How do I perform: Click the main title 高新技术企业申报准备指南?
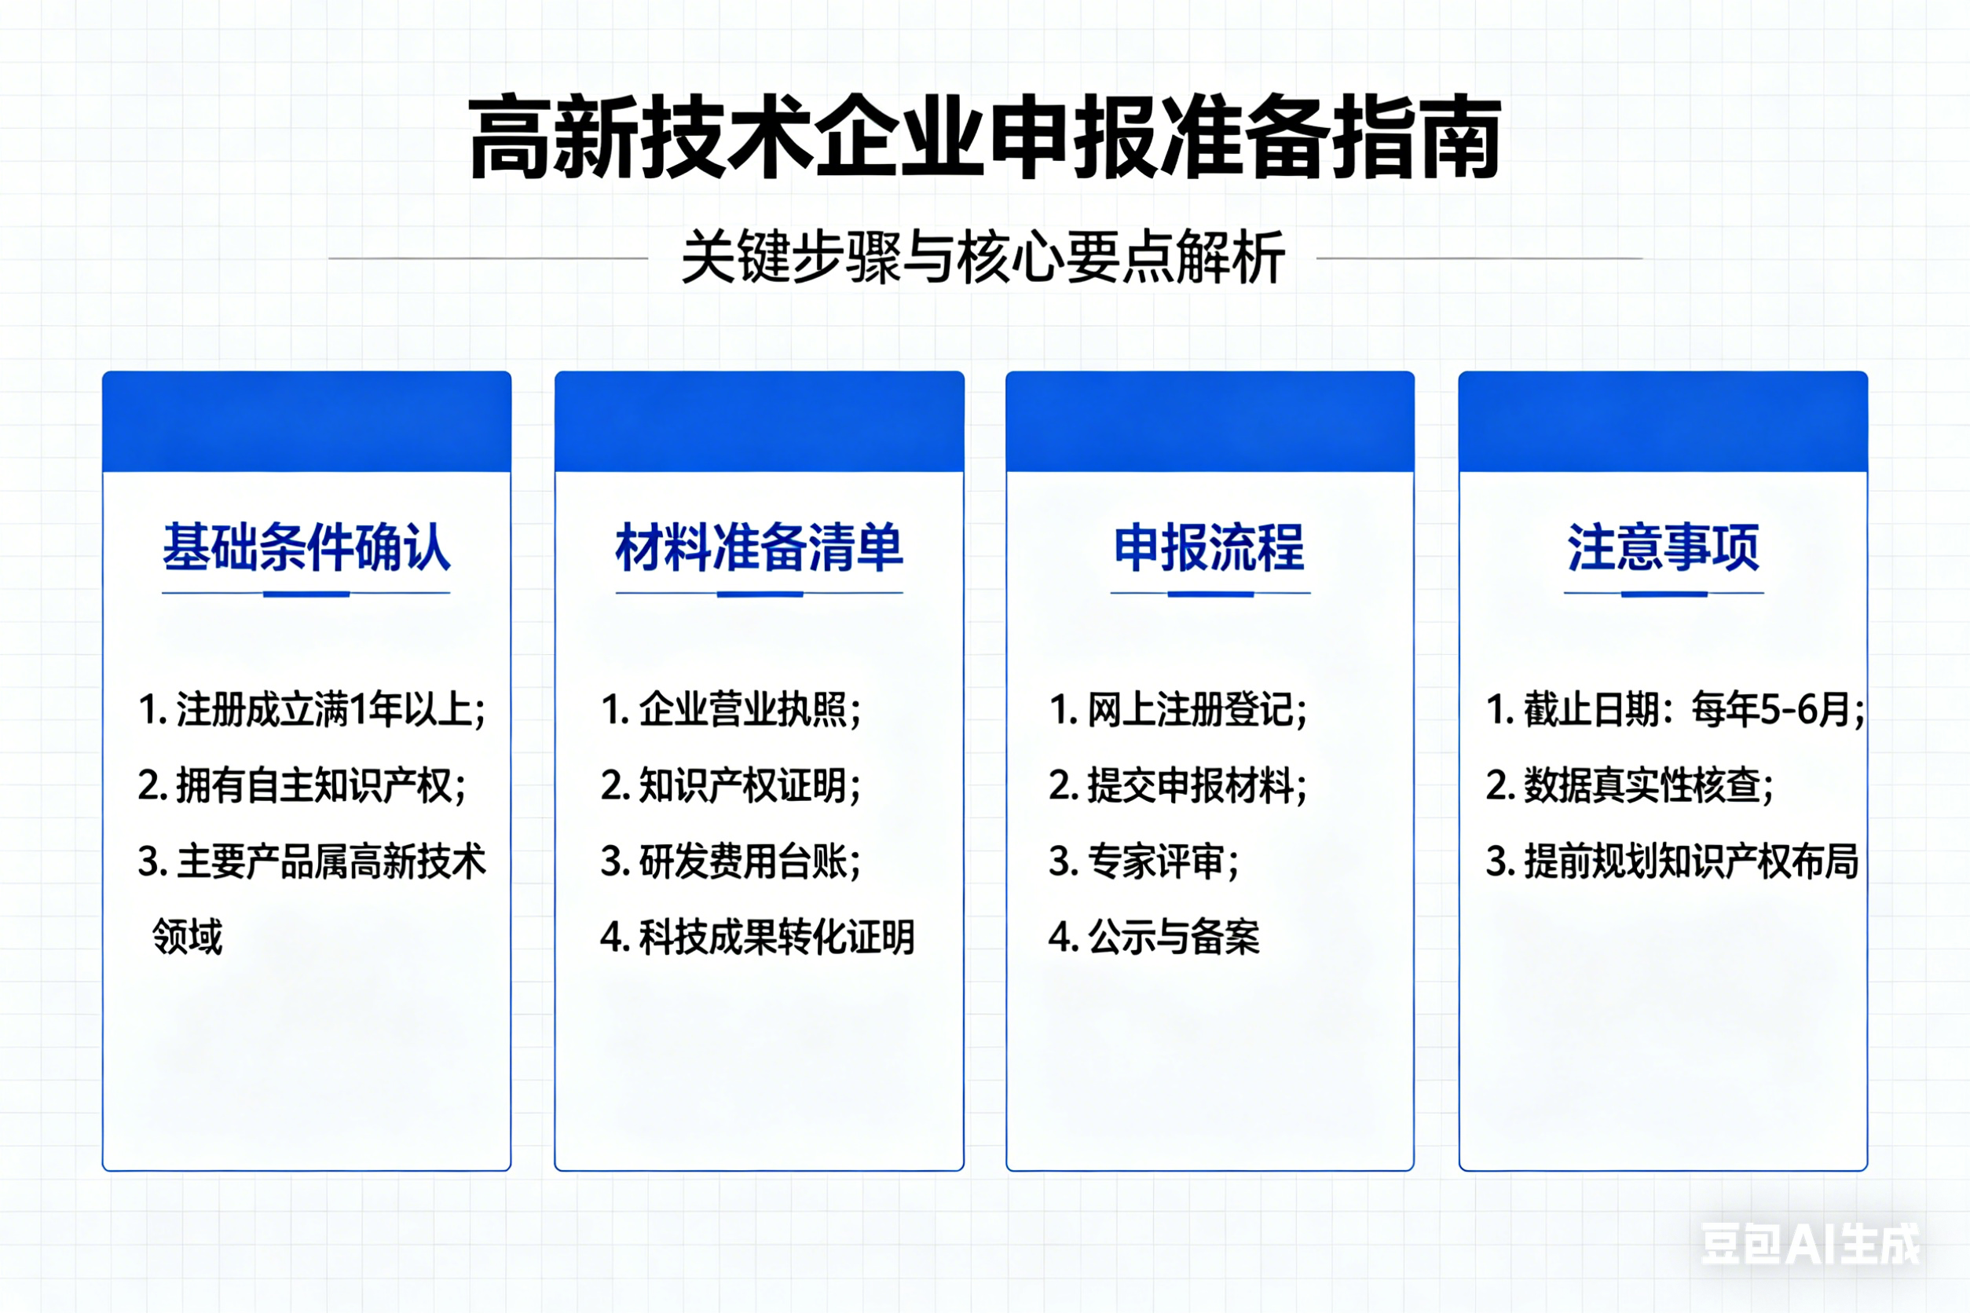(985, 137)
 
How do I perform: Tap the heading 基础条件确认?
(306, 547)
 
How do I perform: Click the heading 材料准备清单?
(760, 547)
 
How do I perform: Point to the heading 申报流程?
(1210, 547)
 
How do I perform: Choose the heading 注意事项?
(1664, 547)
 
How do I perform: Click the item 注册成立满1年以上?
(312, 710)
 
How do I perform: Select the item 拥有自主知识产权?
(302, 785)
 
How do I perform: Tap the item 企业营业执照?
(731, 710)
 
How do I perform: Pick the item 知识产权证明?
(731, 785)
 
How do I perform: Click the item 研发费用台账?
(731, 861)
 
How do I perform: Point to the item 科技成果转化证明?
(757, 936)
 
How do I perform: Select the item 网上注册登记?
(1177, 710)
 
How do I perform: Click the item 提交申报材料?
(1177, 785)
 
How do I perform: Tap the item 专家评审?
(1144, 861)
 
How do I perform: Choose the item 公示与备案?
(1154, 936)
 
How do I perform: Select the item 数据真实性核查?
(1630, 785)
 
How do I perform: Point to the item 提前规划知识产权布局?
(1672, 861)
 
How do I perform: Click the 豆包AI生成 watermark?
(1811, 1245)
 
